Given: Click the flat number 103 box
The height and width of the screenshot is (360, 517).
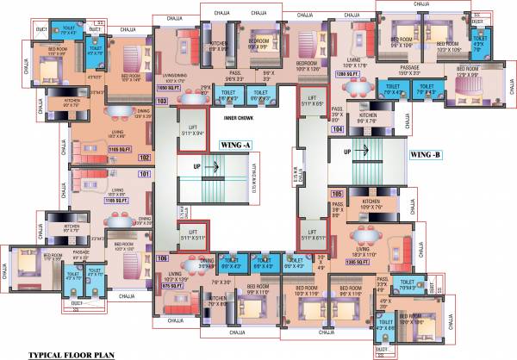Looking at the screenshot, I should pyautogui.click(x=161, y=101).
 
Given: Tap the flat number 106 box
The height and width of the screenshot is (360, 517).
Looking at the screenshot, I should pyautogui.click(x=162, y=258).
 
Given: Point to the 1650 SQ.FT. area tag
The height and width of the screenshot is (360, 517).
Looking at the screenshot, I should pyautogui.click(x=167, y=89).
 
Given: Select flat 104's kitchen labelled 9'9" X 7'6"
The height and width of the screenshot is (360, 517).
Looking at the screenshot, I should pyautogui.click(x=368, y=118).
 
